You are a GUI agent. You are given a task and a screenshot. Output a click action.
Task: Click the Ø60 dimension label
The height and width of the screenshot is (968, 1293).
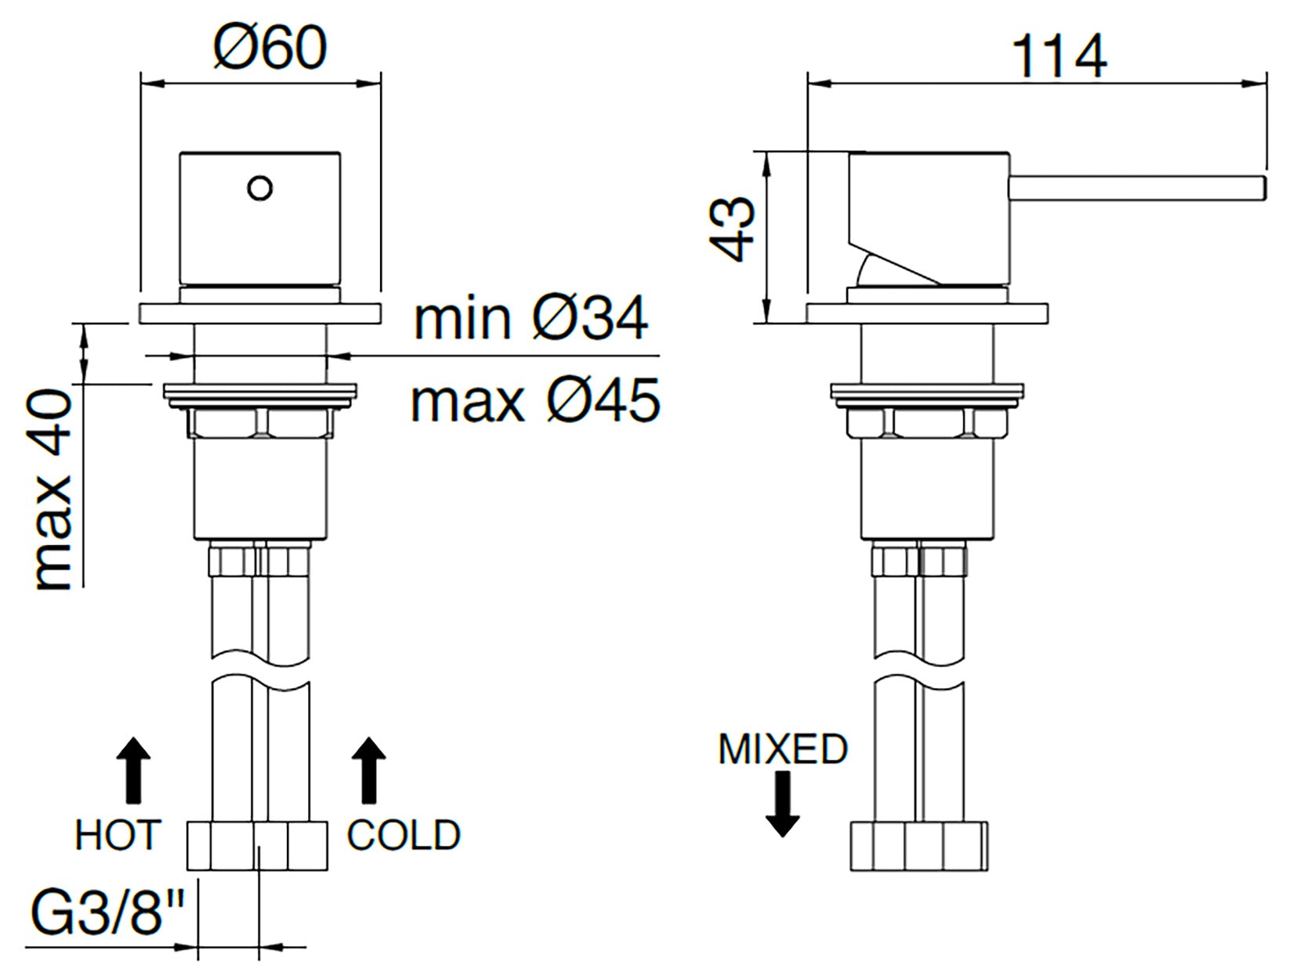pos(270,49)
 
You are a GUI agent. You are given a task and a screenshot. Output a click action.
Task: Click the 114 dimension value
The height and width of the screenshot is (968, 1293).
pos(1059,57)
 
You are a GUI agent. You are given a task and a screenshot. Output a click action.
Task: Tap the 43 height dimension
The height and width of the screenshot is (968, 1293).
pos(732,229)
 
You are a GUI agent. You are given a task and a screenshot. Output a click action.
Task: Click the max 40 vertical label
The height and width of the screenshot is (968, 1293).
pos(53,489)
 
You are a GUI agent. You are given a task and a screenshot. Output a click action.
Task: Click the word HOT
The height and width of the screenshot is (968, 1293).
pos(118,834)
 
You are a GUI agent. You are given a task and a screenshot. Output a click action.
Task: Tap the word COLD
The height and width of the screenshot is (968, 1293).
pos(404,834)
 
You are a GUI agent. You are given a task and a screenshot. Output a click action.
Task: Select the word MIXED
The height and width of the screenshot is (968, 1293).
pos(783,749)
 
